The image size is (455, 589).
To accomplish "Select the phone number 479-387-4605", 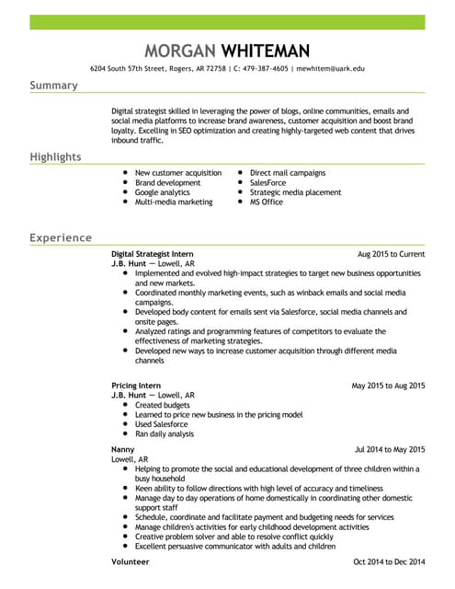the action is point(266,69).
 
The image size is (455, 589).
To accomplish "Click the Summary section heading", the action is point(53,86).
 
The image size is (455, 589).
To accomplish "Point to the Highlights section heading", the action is point(55,157).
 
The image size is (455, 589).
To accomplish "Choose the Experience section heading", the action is point(60,237).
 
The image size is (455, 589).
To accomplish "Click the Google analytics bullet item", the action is point(162,192).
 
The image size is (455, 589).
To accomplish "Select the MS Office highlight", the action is point(267,202).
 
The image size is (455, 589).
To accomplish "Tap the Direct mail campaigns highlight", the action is point(287,172).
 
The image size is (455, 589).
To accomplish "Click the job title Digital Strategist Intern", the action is point(152,253).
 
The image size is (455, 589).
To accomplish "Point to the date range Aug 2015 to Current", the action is point(391,253).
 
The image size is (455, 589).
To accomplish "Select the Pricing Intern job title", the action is point(136,385).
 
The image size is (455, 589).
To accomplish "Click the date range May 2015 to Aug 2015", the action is point(388,385).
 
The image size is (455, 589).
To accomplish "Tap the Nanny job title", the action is point(123,449).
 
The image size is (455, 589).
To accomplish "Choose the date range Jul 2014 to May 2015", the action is point(390,449).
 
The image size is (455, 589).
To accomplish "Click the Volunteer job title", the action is point(130,560).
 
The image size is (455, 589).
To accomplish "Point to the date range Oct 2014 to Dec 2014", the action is point(390,560).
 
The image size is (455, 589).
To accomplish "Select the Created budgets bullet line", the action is point(162,405).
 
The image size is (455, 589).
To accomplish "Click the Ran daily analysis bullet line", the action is point(165,433).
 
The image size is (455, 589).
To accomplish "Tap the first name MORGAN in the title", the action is point(183,51).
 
